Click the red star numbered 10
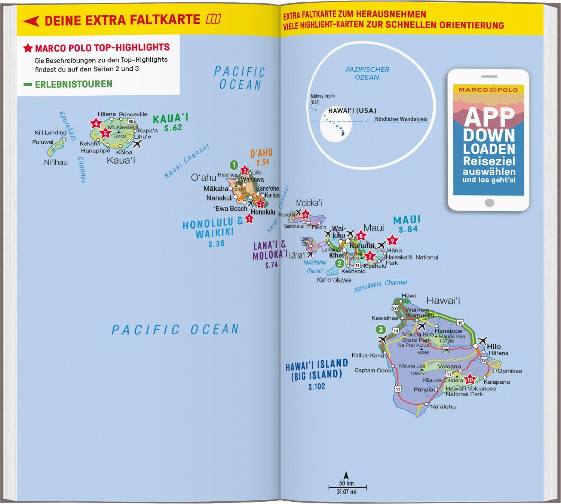click(x=470, y=380)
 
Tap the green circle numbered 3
click(x=381, y=329)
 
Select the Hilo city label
click(x=494, y=347)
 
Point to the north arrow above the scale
click(x=346, y=476)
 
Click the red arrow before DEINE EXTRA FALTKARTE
click(x=31, y=21)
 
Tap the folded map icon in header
click(x=214, y=19)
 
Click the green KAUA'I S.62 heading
click(x=171, y=123)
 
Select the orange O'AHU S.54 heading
click(x=262, y=157)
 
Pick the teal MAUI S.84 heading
click(x=407, y=224)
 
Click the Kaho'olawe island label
click(x=334, y=280)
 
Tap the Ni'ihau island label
click(x=56, y=162)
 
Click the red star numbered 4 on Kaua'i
click(x=96, y=123)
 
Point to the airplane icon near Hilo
click(x=482, y=341)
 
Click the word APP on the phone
click(x=489, y=117)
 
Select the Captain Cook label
click(x=373, y=371)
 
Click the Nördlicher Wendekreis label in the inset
click(x=401, y=119)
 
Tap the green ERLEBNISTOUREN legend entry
click(x=73, y=84)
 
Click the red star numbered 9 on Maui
click(x=392, y=240)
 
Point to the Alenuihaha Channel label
click(x=380, y=286)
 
